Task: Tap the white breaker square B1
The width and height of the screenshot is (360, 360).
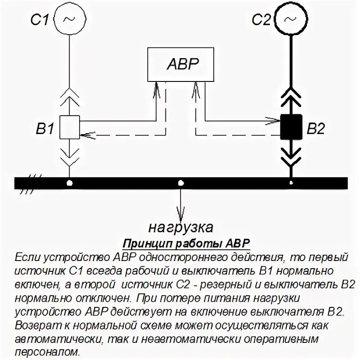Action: (69, 127)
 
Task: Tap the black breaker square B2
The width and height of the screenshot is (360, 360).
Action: (292, 127)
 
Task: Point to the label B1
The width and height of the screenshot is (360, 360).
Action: (45, 130)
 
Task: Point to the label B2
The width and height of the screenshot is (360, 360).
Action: (315, 130)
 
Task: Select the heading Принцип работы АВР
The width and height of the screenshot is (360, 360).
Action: (186, 243)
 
